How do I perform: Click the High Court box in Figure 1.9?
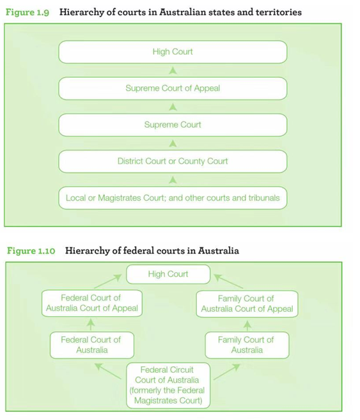coord(173,52)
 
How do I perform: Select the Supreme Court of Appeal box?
coord(173,88)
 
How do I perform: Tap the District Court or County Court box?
coord(173,161)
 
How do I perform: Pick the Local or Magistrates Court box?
coord(173,198)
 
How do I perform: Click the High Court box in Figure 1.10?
coord(168,274)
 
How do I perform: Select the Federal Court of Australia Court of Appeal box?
coord(91,303)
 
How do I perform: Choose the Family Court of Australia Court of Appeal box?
coord(247,303)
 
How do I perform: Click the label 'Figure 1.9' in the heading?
coord(27,12)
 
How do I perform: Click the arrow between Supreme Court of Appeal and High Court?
coord(173,70)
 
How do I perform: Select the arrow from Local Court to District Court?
coord(173,180)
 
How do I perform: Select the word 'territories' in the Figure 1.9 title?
coord(277,12)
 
